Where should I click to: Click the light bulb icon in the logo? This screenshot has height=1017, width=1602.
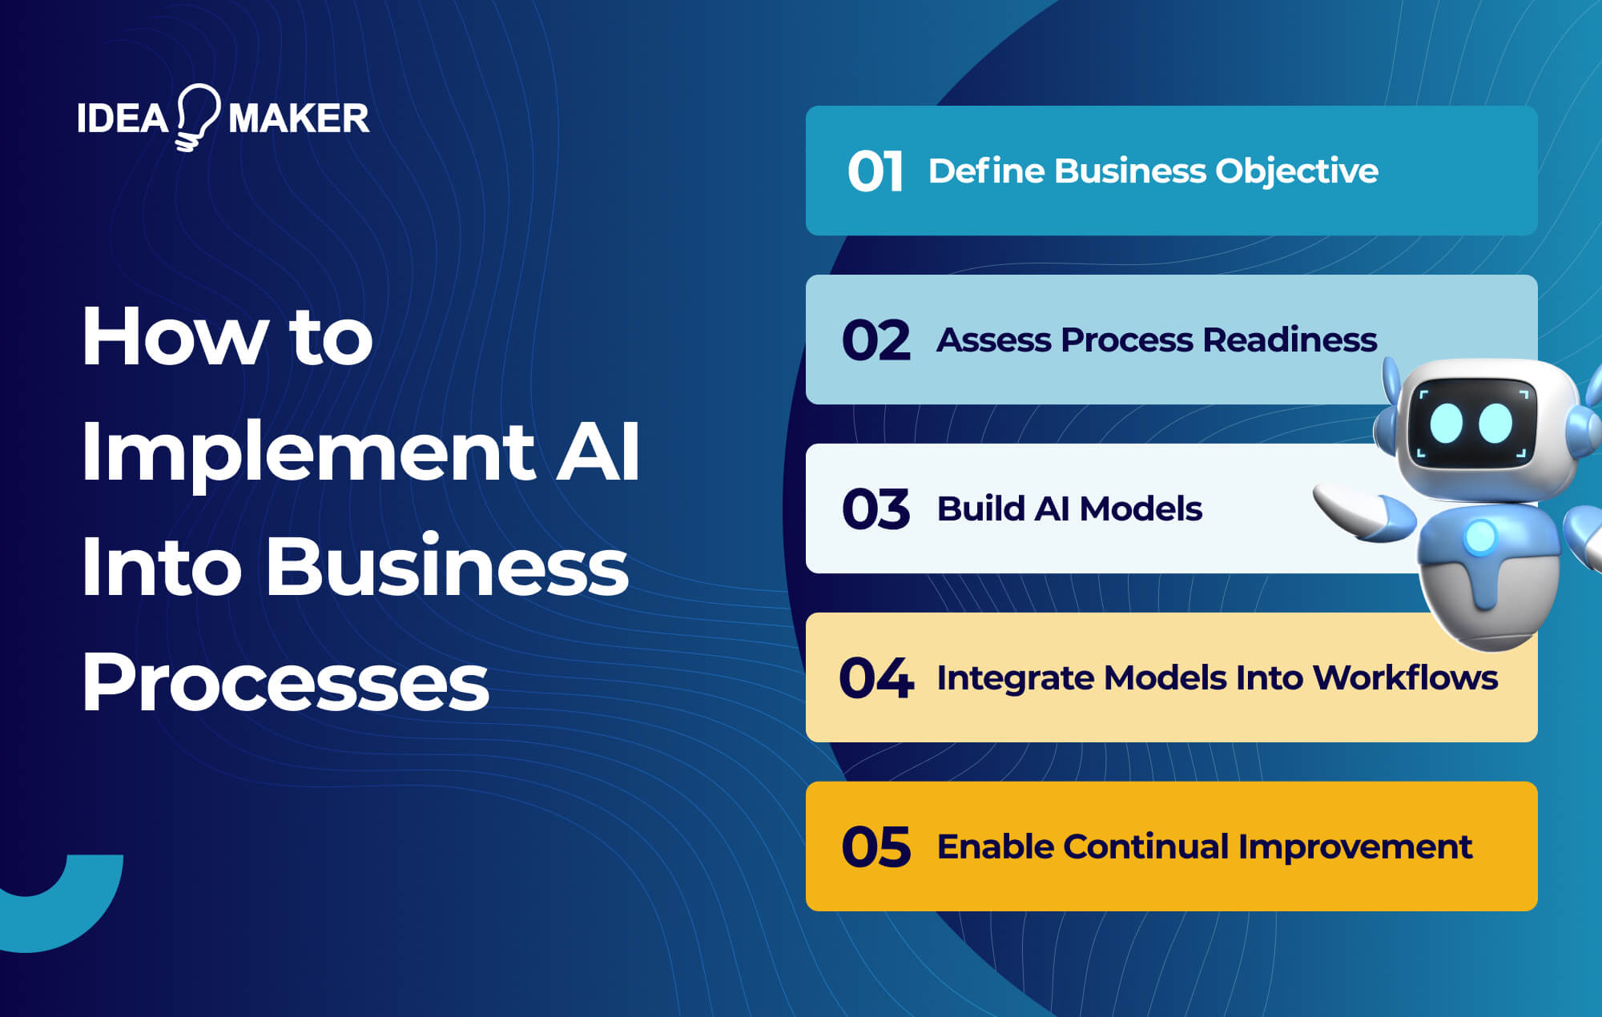(x=197, y=117)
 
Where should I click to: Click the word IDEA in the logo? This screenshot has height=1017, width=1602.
(x=123, y=119)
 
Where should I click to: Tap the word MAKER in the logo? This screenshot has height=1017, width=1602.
(x=299, y=119)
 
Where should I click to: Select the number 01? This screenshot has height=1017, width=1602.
(x=875, y=171)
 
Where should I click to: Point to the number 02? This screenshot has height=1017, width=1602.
(x=876, y=340)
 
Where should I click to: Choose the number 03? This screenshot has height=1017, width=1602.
(x=876, y=509)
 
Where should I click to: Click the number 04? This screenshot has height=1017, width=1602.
(x=876, y=678)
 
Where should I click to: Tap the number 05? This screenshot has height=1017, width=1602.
(x=876, y=847)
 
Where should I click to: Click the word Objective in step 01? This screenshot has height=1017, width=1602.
(x=1297, y=171)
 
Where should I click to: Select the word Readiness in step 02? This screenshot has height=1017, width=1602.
(x=1290, y=340)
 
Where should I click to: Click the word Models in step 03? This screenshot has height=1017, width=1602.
(x=1141, y=509)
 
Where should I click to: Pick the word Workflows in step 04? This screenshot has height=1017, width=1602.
(x=1405, y=678)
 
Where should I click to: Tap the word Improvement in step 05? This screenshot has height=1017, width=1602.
(x=1355, y=847)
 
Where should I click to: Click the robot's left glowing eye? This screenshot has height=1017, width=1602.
(x=1447, y=423)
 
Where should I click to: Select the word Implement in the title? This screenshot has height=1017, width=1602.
(x=308, y=453)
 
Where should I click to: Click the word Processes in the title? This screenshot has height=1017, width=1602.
(x=285, y=682)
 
